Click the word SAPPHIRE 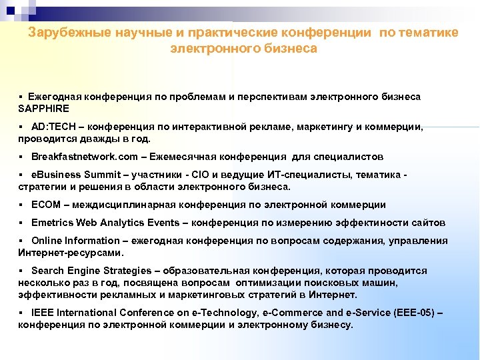[x=44, y=108]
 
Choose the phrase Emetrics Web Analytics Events [x=105, y=223]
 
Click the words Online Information [x=73, y=241]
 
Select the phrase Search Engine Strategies [x=91, y=271]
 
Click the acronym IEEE [x=43, y=313]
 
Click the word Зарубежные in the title [x=71, y=33]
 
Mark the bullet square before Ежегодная [x=23, y=97]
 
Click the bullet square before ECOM [x=23, y=205]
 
